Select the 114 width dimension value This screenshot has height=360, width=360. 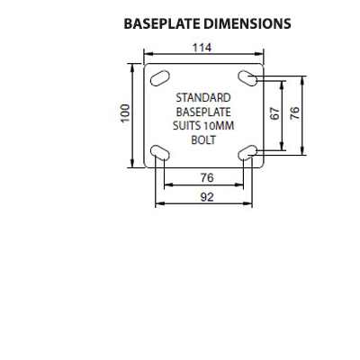(x=202, y=48)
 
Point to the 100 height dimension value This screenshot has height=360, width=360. (x=125, y=112)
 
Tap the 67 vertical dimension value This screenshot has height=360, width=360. (x=274, y=113)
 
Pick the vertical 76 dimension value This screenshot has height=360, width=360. (x=294, y=112)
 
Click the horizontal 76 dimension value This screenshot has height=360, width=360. (x=207, y=177)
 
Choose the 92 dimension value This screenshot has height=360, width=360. (x=207, y=197)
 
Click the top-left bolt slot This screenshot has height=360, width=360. (x=160, y=78)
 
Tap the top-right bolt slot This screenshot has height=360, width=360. (x=247, y=78)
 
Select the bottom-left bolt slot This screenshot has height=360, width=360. (x=160, y=153)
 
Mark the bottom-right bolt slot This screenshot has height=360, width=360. (x=247, y=153)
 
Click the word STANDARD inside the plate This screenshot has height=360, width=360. (x=203, y=98)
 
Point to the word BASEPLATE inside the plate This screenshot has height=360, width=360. (x=203, y=112)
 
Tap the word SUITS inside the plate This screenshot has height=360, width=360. (x=186, y=126)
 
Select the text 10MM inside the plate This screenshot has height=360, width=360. (x=219, y=126)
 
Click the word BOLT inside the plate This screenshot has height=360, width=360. (x=203, y=139)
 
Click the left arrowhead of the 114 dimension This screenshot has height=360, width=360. (x=148, y=54)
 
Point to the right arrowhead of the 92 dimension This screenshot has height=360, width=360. (x=248, y=203)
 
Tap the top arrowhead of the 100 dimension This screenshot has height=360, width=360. (x=132, y=67)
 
